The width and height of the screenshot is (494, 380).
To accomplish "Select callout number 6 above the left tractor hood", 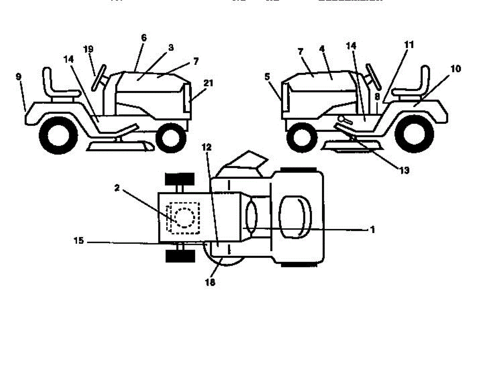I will pyautogui.click(x=143, y=38).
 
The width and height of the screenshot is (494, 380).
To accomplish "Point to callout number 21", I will pyautogui.click(x=208, y=83).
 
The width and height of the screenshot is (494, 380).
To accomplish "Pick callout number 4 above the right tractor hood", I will pyautogui.click(x=322, y=49).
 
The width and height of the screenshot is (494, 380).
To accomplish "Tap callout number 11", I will pyautogui.click(x=409, y=44).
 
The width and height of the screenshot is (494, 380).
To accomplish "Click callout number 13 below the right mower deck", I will pyautogui.click(x=404, y=170).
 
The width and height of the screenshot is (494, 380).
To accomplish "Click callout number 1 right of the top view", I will pyautogui.click(x=372, y=230).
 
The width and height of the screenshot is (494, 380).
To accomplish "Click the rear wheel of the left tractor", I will pyautogui.click(x=58, y=134).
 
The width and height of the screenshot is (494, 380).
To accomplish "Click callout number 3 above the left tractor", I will pyautogui.click(x=171, y=48).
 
